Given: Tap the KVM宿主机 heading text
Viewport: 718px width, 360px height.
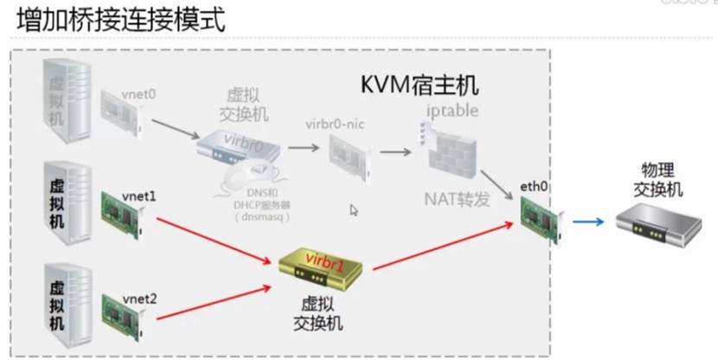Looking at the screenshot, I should [420, 87].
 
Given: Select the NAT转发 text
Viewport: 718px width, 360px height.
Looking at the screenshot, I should [457, 198].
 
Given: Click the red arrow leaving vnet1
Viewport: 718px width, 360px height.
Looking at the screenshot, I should [212, 238].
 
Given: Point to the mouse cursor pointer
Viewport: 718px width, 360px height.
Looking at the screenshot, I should [354, 209].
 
